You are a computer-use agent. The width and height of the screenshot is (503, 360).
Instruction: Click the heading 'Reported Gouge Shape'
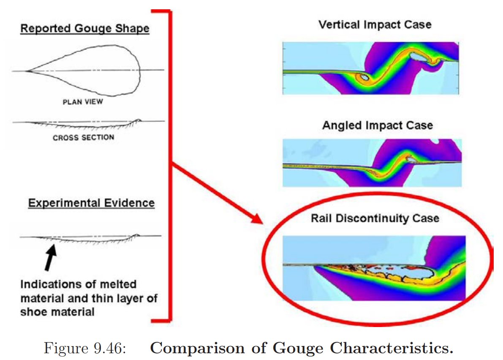point(84,29)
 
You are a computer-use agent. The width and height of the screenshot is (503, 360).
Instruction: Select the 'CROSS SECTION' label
point(83,137)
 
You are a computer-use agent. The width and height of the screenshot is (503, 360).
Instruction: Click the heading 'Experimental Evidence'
point(91,203)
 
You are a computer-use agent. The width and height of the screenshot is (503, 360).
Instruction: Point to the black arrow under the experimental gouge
point(50,259)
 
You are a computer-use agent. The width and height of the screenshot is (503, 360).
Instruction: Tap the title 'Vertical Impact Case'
point(375,24)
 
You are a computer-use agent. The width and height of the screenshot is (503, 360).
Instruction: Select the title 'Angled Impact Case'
point(377,125)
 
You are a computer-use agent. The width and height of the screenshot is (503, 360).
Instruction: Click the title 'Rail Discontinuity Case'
point(375,218)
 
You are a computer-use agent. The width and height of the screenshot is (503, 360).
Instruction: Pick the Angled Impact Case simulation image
point(372,163)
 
